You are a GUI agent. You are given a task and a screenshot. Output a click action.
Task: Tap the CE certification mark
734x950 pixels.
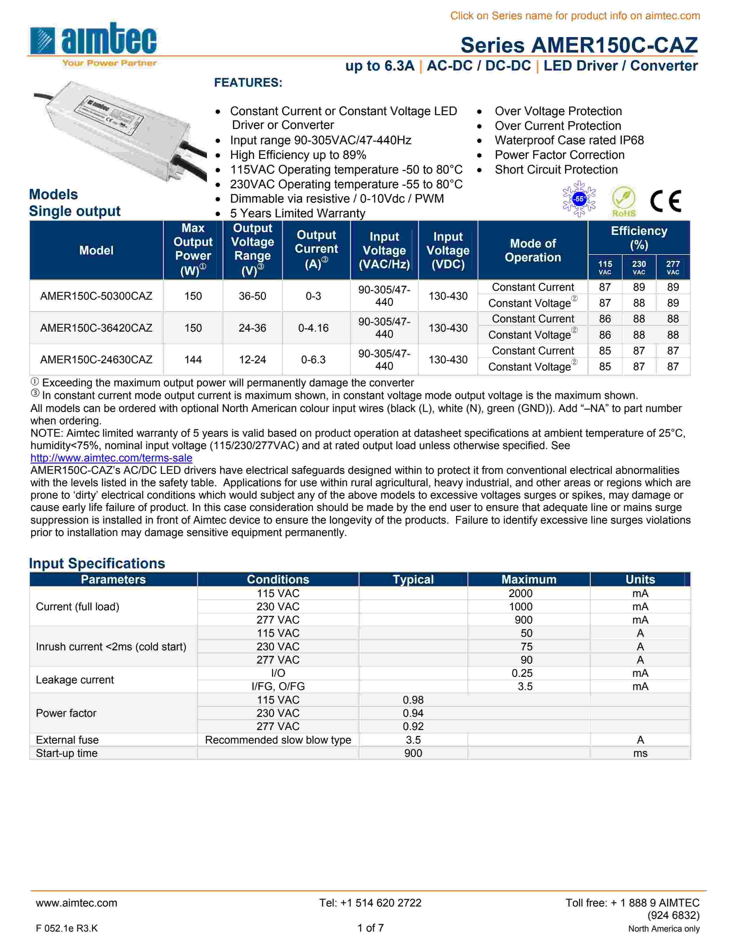pyautogui.click(x=665, y=201)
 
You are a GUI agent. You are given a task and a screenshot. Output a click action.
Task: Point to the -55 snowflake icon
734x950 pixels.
pyautogui.click(x=579, y=199)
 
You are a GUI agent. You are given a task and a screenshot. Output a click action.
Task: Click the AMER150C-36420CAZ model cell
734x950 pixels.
pyautogui.click(x=96, y=328)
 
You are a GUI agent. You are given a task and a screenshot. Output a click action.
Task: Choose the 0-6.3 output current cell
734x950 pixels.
pyautogui.click(x=313, y=360)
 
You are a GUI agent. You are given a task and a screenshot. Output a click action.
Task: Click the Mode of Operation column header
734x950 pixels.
pyautogui.click(x=533, y=250)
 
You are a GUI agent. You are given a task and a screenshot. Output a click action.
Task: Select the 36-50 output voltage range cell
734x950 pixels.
pyautogui.click(x=252, y=296)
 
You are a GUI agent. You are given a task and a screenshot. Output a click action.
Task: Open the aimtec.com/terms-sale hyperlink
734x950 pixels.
pyautogui.click(x=111, y=458)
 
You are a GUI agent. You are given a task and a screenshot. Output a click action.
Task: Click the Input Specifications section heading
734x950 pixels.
pyautogui.click(x=97, y=563)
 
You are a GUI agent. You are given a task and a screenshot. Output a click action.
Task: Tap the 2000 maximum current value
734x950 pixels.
pyautogui.click(x=520, y=593)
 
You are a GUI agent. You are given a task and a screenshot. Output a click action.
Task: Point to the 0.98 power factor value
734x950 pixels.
pyautogui.click(x=413, y=700)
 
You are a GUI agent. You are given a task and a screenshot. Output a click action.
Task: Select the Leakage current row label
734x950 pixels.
pyautogui.click(x=75, y=680)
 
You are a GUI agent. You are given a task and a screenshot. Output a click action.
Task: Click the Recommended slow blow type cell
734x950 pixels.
pyautogui.click(x=278, y=740)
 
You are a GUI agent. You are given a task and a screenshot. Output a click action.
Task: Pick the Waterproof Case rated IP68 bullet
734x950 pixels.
pyautogui.click(x=569, y=140)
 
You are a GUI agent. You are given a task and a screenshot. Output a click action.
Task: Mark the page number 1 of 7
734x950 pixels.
pyautogui.click(x=370, y=928)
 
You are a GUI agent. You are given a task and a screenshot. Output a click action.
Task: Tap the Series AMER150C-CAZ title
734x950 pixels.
pyautogui.click(x=579, y=45)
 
